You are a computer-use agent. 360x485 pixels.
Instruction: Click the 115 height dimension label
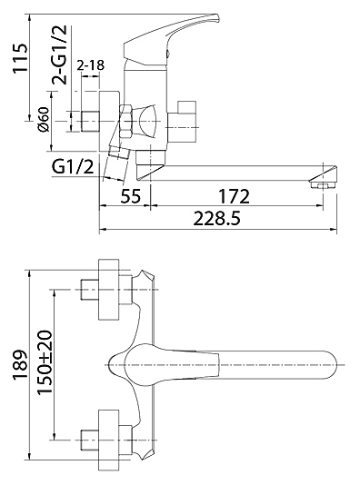(x=20, y=58)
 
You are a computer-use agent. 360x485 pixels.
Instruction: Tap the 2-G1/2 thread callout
(x=59, y=55)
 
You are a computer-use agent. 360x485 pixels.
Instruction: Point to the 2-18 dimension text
(x=90, y=65)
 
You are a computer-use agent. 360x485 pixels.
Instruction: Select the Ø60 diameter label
(x=44, y=119)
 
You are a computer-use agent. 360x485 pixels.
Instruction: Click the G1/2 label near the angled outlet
(x=73, y=167)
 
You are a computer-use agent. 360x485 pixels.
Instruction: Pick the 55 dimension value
(x=131, y=196)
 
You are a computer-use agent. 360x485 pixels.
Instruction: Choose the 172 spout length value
(x=234, y=196)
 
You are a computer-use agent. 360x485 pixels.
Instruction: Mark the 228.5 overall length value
(x=216, y=219)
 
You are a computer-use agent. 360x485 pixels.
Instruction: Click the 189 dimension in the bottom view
(x=20, y=365)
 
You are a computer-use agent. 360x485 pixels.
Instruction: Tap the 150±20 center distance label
(x=44, y=362)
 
